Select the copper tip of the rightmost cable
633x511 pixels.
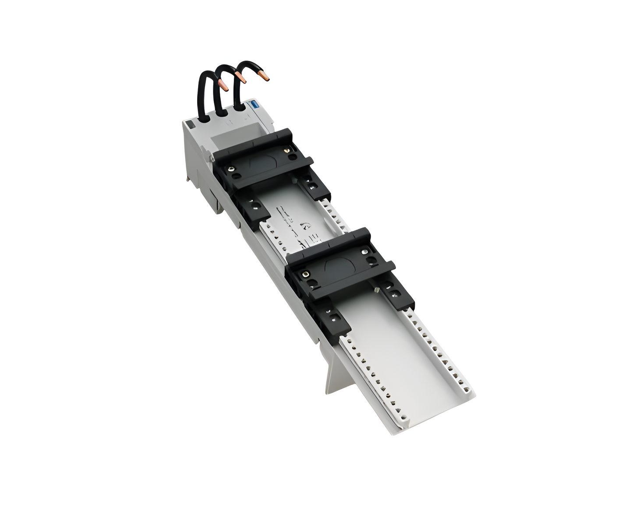(x=264, y=78)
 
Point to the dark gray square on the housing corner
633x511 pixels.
(x=190, y=125)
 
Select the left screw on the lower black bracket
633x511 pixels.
(x=305, y=274)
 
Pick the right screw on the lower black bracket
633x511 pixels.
(x=364, y=252)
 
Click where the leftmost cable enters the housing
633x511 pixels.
(x=202, y=117)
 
